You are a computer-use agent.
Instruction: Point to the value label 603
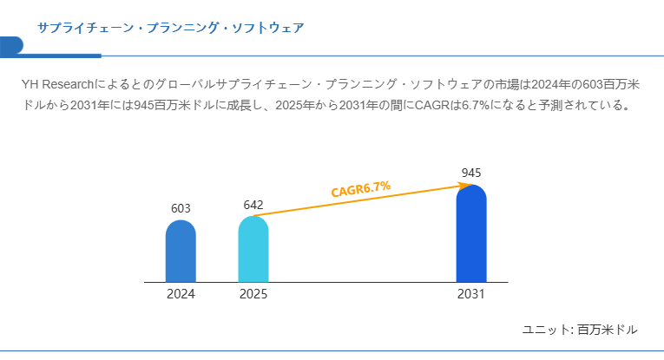pos(181,208)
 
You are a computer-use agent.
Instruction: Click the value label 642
pos(253,205)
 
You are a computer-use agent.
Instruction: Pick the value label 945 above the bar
pos(471,173)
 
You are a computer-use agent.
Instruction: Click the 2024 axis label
pos(181,294)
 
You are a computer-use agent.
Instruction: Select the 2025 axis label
pos(253,294)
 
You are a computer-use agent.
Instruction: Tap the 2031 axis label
pos(471,294)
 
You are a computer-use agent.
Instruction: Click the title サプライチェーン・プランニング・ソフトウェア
pos(170,28)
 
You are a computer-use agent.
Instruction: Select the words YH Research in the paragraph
pos(59,85)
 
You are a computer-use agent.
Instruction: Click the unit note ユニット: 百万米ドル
pos(580,330)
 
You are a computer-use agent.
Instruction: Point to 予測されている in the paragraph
pos(583,106)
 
